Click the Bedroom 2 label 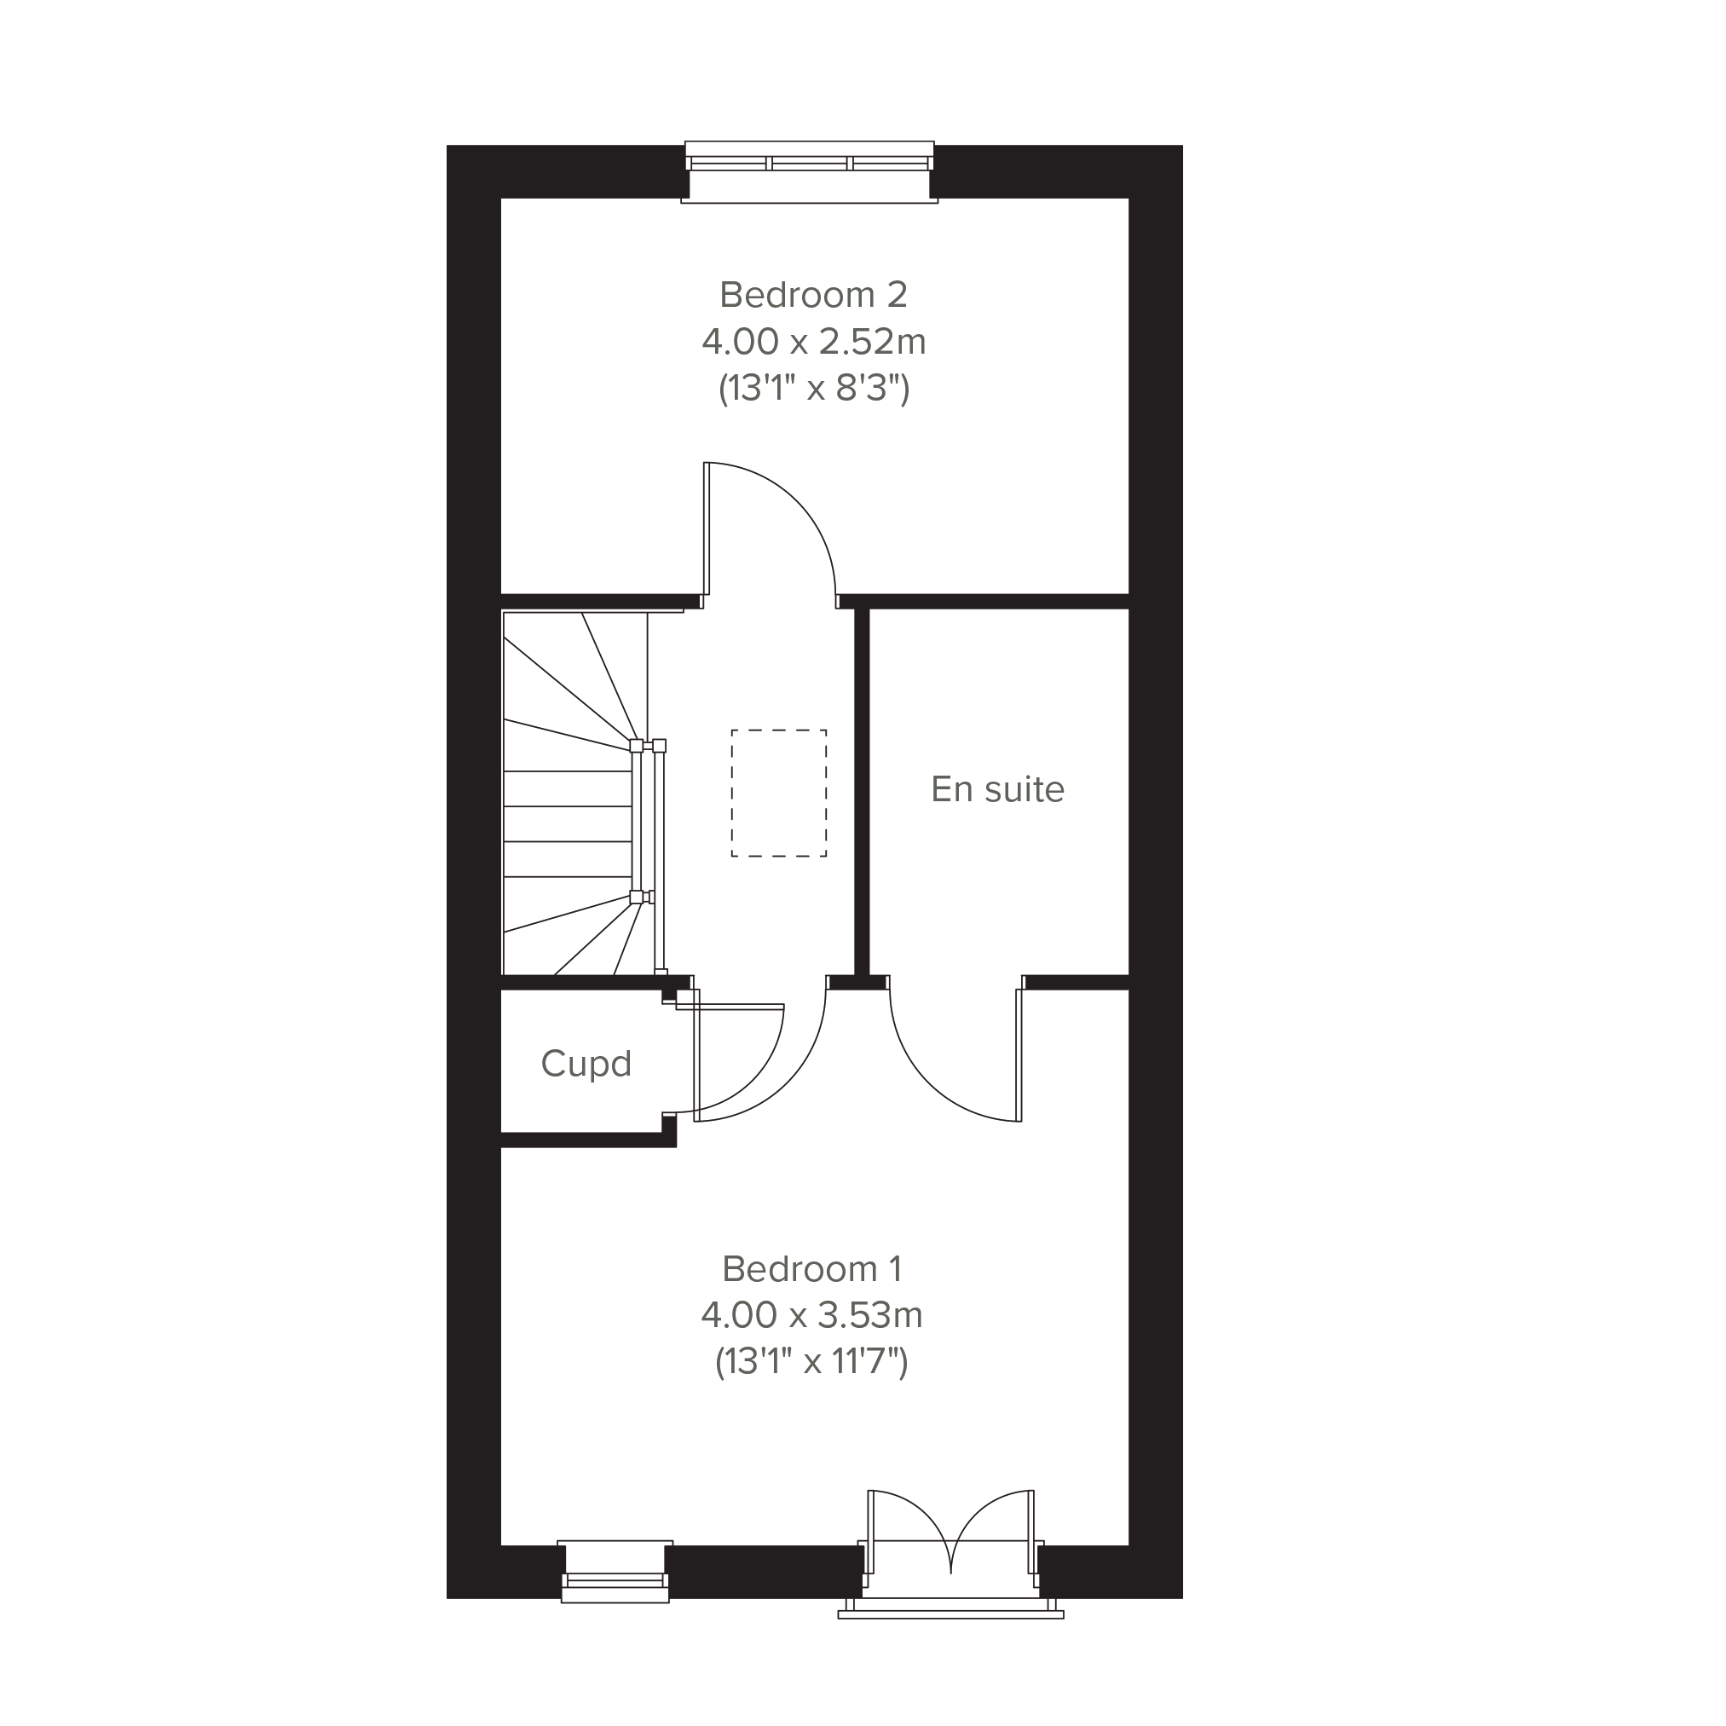pos(813,295)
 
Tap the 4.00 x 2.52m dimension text pos(813,341)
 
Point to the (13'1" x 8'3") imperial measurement pos(814,389)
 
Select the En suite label pos(997,790)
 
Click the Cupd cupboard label pos(586,1064)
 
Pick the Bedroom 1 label pos(811,1268)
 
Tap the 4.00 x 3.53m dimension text pos(811,1315)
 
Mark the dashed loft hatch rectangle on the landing pos(779,730)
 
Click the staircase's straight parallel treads pos(569,823)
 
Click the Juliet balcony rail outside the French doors pos(950,1614)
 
